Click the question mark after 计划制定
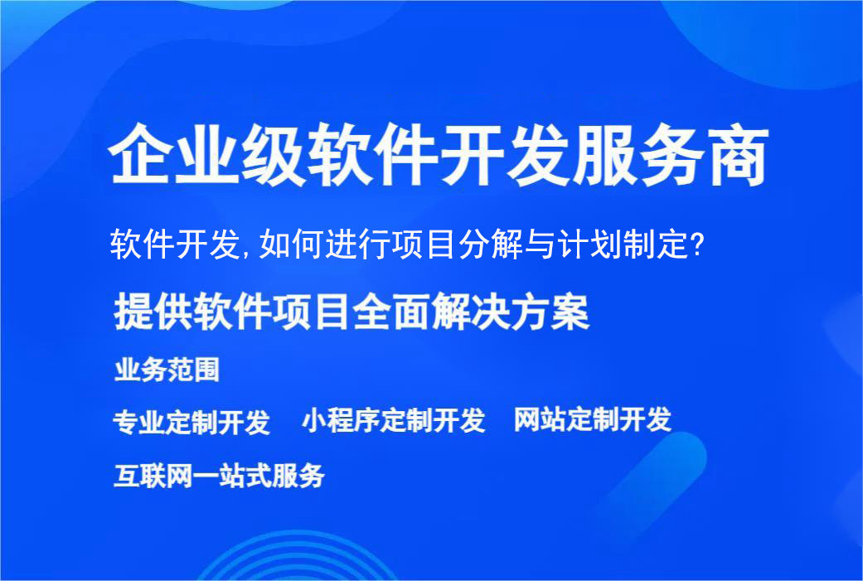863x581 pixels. pos(699,245)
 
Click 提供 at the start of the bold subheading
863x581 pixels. pos(149,313)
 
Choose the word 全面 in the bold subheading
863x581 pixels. pos(390,313)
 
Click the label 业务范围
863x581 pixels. pos(167,370)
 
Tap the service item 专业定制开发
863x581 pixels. pos(192,422)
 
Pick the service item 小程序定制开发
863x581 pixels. pos(393,420)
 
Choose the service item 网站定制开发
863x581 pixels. pos(592,419)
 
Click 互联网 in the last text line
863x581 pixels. pos(150,476)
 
